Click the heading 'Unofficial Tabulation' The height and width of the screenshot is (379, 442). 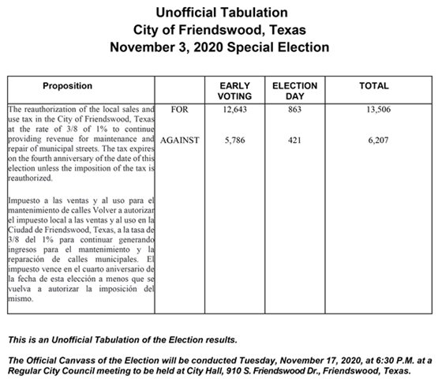coord(221,13)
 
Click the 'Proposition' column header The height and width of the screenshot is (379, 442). coord(68,85)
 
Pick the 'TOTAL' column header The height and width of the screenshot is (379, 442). coord(374,85)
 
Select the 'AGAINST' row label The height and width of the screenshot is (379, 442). coord(180,140)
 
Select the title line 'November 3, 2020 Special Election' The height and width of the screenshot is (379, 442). coord(221,47)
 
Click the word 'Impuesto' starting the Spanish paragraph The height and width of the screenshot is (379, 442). coord(24,201)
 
